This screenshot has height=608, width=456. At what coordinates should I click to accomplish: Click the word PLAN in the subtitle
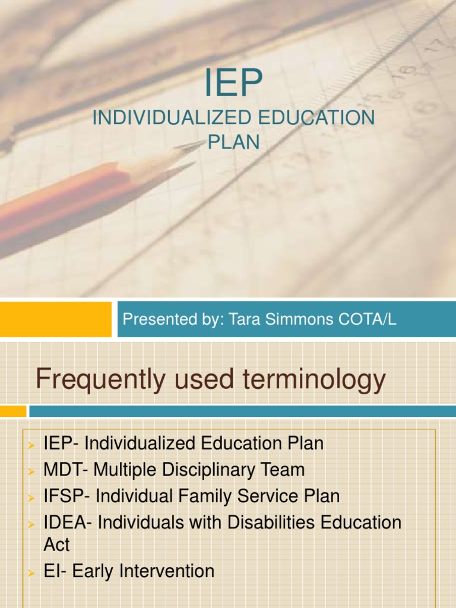coord(233,142)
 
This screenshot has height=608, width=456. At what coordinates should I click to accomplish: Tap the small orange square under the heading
coord(13,411)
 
